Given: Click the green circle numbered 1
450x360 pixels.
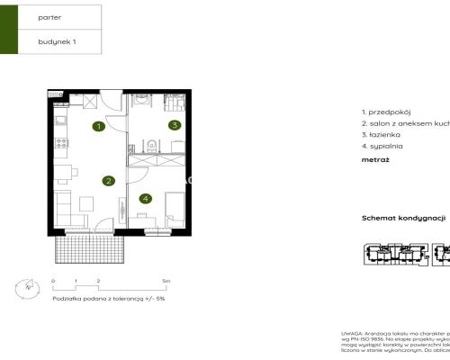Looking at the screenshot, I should tap(97, 127).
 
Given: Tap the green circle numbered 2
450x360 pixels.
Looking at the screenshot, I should tap(108, 181).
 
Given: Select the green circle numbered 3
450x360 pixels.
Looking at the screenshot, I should tap(175, 125).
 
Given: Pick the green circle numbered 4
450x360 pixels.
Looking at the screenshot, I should tap(144, 198).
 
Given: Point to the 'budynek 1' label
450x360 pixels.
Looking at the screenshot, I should tap(57, 41).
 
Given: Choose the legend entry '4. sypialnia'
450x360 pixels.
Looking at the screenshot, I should tap(382, 145).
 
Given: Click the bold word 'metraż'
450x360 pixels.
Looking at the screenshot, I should tap(375, 159).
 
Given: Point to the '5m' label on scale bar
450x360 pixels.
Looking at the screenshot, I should tap(166, 282).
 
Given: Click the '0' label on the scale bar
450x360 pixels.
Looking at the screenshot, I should tap(53, 282).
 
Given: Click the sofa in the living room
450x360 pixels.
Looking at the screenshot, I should tap(64, 211).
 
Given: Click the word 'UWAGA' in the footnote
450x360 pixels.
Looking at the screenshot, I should tap(352, 332).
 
